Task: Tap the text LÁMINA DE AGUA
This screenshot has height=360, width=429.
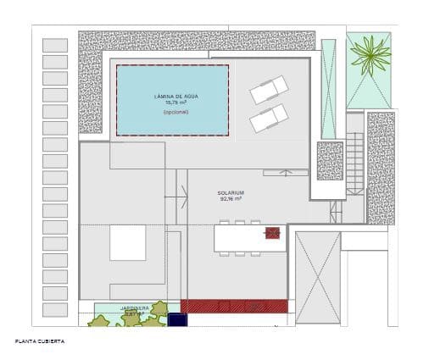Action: pyautogui.click(x=172, y=96)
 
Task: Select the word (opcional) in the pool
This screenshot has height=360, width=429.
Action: pyautogui.click(x=175, y=112)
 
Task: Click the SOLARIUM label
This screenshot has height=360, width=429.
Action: pyautogui.click(x=231, y=193)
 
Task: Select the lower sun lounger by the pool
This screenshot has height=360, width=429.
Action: pyautogui.click(x=269, y=118)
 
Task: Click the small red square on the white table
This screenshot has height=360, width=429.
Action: pyautogui.click(x=273, y=233)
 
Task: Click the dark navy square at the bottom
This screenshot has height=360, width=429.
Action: pyautogui.click(x=177, y=319)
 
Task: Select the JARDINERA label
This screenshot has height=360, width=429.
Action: pyautogui.click(x=136, y=307)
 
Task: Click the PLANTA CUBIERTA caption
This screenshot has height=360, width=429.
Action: pyautogui.click(x=39, y=341)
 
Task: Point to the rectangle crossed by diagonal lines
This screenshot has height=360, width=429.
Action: pyautogui.click(x=318, y=277)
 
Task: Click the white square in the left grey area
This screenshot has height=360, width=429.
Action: pyautogui.click(x=127, y=242)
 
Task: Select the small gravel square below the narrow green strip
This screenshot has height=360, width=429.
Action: pyautogui.click(x=329, y=161)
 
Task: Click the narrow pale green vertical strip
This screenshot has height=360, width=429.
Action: pyautogui.click(x=328, y=89)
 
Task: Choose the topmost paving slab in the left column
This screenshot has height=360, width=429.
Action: pyautogui.click(x=54, y=46)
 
